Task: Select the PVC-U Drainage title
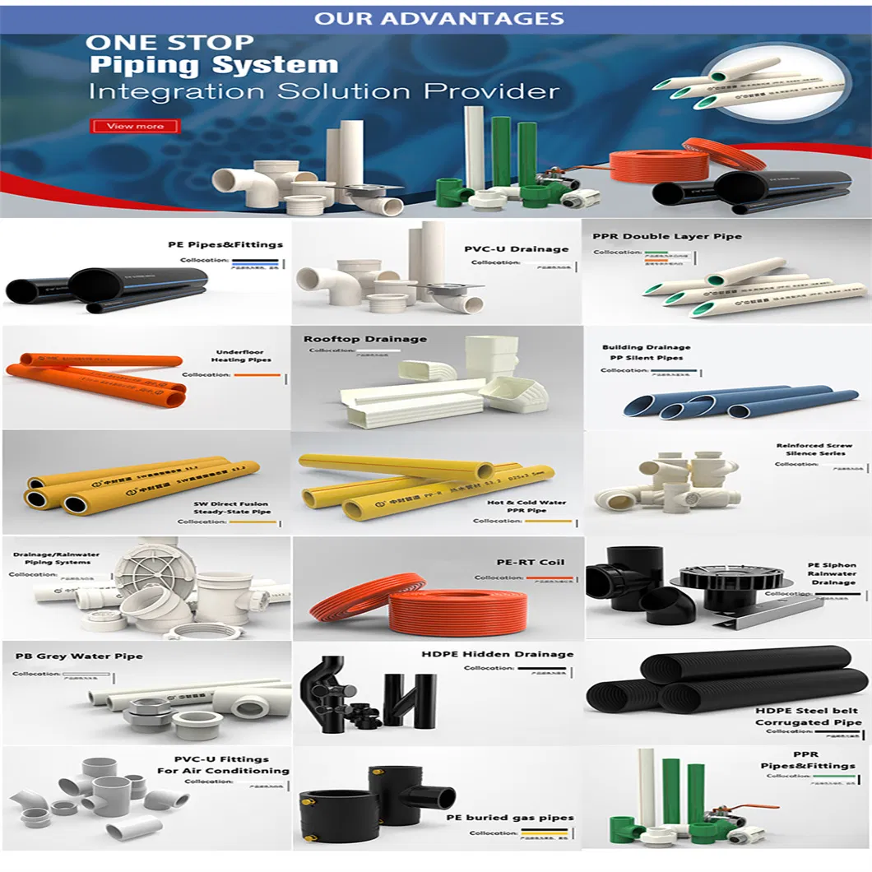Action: coord(516,248)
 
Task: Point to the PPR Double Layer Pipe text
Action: coord(666,236)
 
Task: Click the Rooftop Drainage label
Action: coord(364,339)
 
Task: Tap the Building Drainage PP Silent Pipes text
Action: coord(646,352)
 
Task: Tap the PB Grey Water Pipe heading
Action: coord(79,656)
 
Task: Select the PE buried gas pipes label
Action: coord(509,818)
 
